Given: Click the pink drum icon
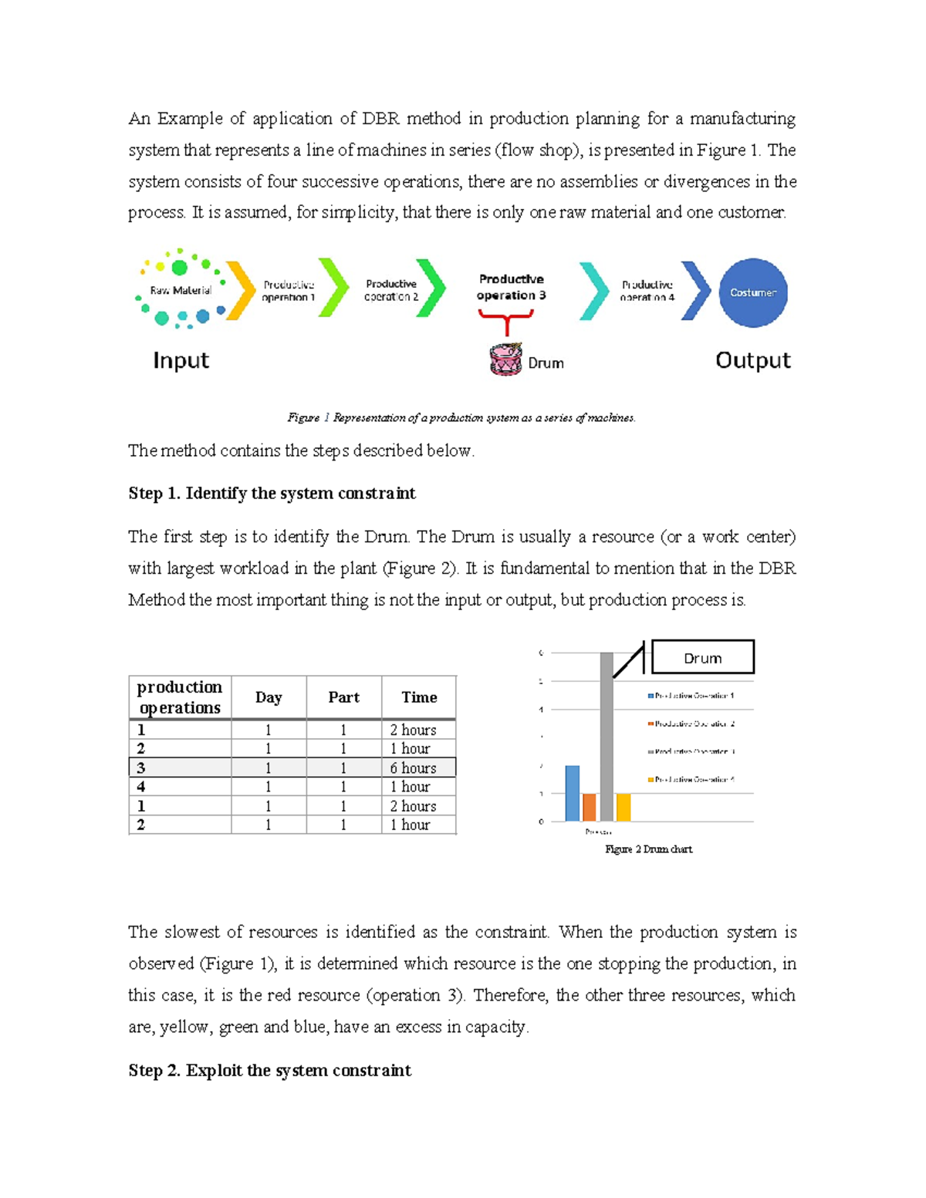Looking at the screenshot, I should pyautogui.click(x=505, y=359).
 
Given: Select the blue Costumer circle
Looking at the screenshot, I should pyautogui.click(x=752, y=292).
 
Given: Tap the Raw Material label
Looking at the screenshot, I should pyautogui.click(x=181, y=291).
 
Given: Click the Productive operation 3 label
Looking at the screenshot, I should pyautogui.click(x=511, y=287).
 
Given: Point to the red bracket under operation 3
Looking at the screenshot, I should pyautogui.click(x=505, y=318).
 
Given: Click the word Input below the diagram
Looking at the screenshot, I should pyautogui.click(x=181, y=360).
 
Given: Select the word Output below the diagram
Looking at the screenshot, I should pyautogui.click(x=752, y=360).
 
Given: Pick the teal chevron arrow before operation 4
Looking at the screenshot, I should pyautogui.click(x=594, y=291).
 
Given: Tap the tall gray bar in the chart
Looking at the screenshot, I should pyautogui.click(x=607, y=737).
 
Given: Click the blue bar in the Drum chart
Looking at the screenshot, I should pyautogui.click(x=572, y=793).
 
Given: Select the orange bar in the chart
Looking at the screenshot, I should pyautogui.click(x=589, y=807).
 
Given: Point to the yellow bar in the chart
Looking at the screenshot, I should pyautogui.click(x=624, y=807).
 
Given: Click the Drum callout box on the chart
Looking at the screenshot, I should pyautogui.click(x=702, y=658).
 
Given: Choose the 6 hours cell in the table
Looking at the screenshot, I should pyautogui.click(x=418, y=768).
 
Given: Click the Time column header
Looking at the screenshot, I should pyautogui.click(x=419, y=697).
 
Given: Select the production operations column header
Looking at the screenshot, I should pyautogui.click(x=180, y=697).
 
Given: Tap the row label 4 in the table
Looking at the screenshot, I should pyautogui.click(x=141, y=787).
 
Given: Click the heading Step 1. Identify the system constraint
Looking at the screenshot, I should pyautogui.click(x=272, y=494).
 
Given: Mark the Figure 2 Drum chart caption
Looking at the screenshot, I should pyautogui.click(x=648, y=849).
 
